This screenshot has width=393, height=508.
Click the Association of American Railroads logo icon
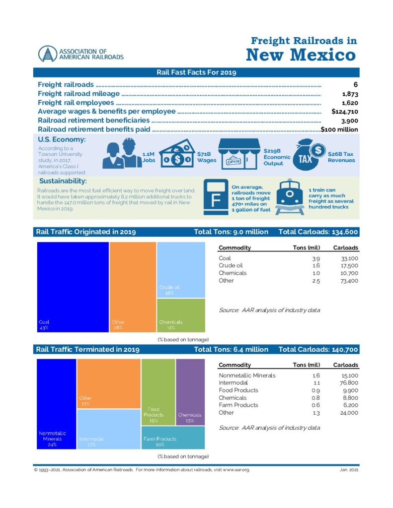pyautogui.click(x=48, y=54)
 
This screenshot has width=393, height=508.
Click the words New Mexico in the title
pyautogui.click(x=301, y=54)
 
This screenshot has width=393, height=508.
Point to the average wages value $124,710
pyautogui.click(x=344, y=111)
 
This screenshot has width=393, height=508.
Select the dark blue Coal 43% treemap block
pyautogui.click(x=73, y=286)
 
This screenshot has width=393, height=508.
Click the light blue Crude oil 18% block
pyautogui.click(x=180, y=269)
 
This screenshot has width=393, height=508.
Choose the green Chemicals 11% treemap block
pyautogui.click(x=180, y=315)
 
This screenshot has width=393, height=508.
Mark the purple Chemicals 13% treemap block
pyautogui.click(x=190, y=392)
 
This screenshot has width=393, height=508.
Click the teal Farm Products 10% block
pyautogui.click(x=173, y=438)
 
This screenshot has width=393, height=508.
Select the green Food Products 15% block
pyautogui.click(x=158, y=392)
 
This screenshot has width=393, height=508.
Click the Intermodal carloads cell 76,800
pyautogui.click(x=348, y=383)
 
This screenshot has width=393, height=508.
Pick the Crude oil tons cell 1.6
pyautogui.click(x=315, y=266)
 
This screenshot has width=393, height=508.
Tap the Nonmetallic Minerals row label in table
pyautogui.click(x=247, y=376)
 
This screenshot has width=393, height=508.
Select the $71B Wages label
pyautogui.click(x=207, y=157)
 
